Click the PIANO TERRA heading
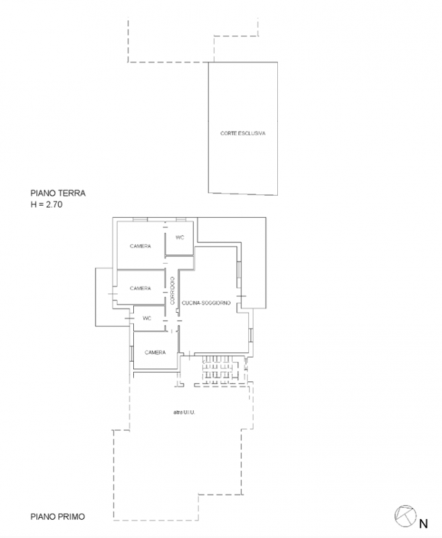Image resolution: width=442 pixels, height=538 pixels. click(x=58, y=193)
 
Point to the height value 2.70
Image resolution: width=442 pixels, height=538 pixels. click(x=54, y=205)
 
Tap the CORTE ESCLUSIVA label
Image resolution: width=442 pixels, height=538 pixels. click(x=243, y=133)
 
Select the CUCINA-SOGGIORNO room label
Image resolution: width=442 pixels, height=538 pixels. click(x=207, y=303)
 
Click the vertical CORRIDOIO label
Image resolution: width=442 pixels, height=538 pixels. click(x=172, y=291)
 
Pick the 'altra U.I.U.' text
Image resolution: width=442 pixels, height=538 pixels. click(x=184, y=412)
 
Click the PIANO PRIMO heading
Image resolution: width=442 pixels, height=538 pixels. click(x=58, y=516)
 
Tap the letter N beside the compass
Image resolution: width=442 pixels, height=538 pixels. click(x=423, y=524)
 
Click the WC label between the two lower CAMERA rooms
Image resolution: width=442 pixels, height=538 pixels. click(x=147, y=318)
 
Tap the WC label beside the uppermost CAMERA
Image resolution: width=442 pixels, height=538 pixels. click(x=180, y=237)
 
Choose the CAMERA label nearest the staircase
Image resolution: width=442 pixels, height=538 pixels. click(x=155, y=352)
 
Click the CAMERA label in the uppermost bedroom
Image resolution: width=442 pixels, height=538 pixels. click(x=141, y=246)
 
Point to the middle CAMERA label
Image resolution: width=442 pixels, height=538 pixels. click(x=141, y=289)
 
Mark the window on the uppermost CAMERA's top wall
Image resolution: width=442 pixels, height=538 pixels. click(x=140, y=220)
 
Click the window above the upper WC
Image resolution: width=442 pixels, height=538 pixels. click(x=181, y=220)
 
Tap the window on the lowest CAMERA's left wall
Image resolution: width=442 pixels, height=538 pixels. click(x=132, y=354)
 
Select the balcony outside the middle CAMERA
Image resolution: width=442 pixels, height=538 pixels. click(x=104, y=297)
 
